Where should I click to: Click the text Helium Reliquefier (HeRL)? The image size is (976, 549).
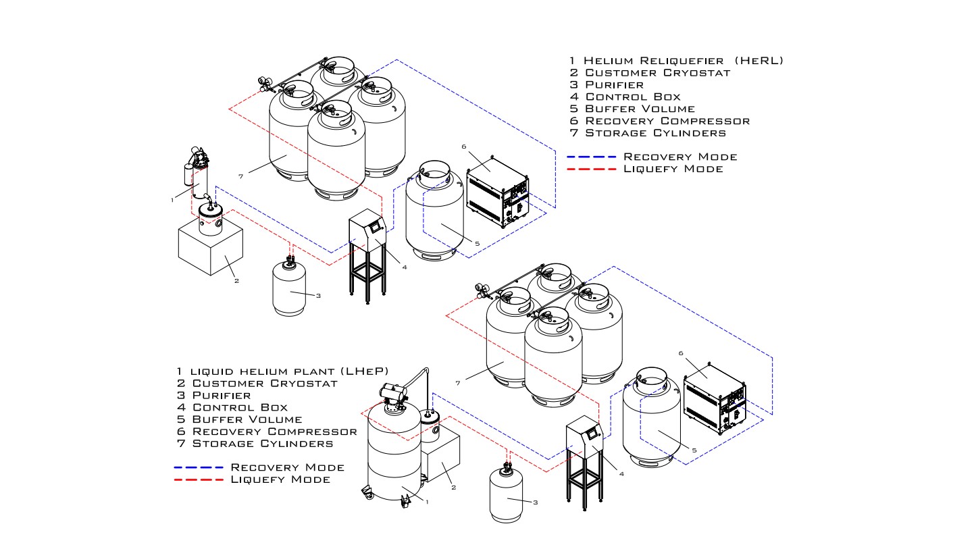point(683,61)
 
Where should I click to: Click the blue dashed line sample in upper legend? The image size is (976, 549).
point(592,157)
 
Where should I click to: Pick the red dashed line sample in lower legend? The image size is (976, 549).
point(199,479)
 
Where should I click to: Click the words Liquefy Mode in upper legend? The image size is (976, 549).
point(673,169)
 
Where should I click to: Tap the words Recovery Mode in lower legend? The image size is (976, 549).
point(287,467)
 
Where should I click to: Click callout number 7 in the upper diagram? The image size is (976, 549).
point(240,176)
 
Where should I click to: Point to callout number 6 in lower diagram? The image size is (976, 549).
point(681,353)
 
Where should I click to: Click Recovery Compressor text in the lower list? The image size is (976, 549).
point(274,432)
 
